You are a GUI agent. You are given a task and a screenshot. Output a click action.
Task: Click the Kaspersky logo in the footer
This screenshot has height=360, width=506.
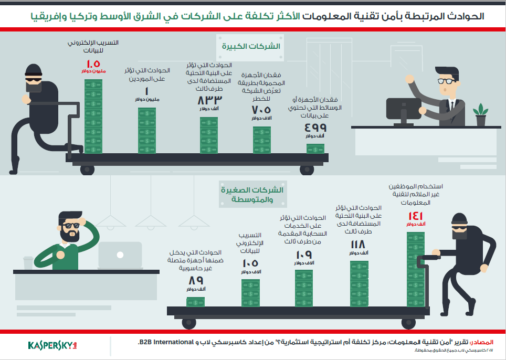point(52,345)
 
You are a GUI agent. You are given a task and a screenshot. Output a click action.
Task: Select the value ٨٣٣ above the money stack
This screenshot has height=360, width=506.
point(209,100)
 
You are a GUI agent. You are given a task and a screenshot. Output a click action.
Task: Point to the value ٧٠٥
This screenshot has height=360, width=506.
point(261,110)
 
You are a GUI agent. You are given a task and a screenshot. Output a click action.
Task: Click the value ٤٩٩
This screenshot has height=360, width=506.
point(315,127)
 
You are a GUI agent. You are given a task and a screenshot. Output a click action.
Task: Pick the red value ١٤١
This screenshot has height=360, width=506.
point(416,216)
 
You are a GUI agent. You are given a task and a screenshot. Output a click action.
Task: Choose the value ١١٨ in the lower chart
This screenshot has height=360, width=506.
point(359,245)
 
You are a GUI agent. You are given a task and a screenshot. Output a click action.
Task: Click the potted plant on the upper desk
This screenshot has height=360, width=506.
point(480,114)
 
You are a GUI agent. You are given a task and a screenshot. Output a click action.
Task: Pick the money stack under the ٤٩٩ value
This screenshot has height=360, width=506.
point(315,149)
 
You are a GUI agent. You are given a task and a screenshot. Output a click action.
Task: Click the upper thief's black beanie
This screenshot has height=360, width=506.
point(33,71)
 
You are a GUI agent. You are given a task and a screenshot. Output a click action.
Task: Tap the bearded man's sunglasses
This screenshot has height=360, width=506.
point(69,226)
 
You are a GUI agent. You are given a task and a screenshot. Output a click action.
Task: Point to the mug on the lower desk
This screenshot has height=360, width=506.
point(28,262)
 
